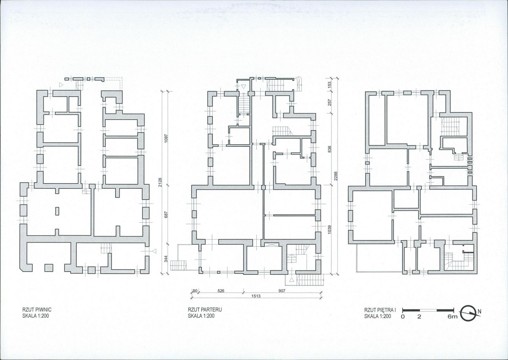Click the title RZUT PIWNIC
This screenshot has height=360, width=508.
coord(37,310)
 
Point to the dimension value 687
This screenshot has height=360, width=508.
coord(166,215)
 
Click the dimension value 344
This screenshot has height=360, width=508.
coord(166,259)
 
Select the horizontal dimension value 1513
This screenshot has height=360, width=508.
coord(256,296)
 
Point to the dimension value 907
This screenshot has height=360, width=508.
coord(282,291)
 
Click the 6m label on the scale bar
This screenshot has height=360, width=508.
coord(452,317)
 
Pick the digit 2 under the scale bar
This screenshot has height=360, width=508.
coord(419,317)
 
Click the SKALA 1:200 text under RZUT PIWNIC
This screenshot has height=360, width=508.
coord(36,315)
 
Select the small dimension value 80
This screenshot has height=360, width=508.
coord(195,291)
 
